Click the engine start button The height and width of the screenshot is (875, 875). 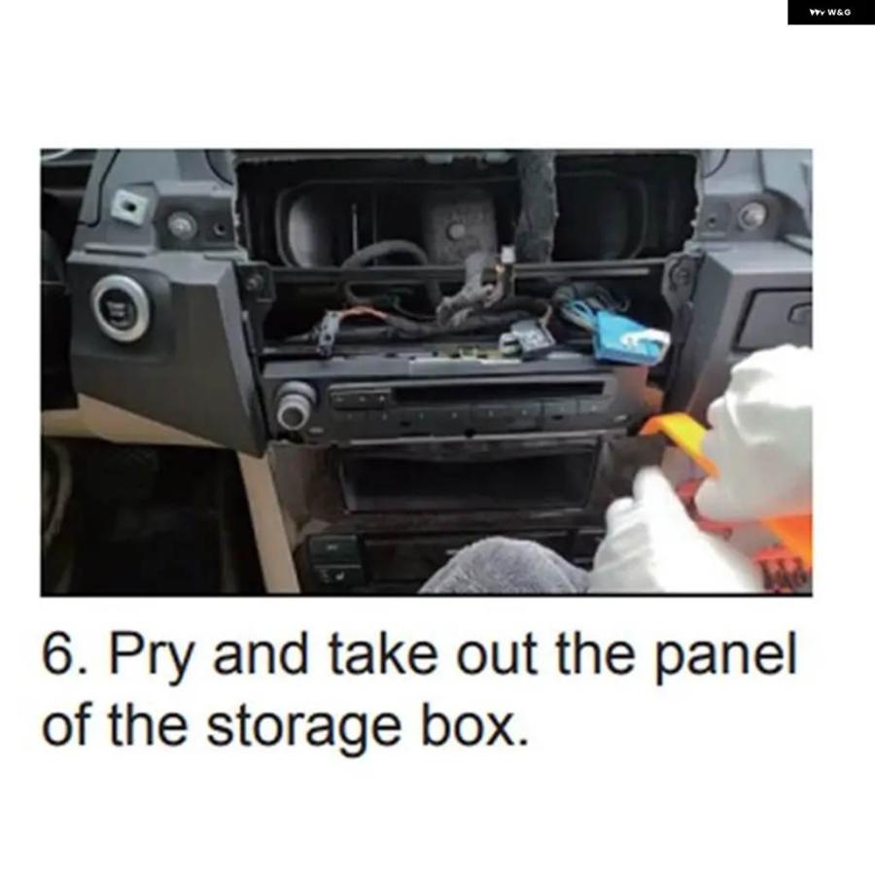coord(121,308)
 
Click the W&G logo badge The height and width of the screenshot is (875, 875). coord(831,13)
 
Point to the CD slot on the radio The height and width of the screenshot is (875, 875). coord(499,394)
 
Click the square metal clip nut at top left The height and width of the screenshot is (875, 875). coord(130,206)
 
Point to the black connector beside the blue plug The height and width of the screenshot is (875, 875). coord(526,336)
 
